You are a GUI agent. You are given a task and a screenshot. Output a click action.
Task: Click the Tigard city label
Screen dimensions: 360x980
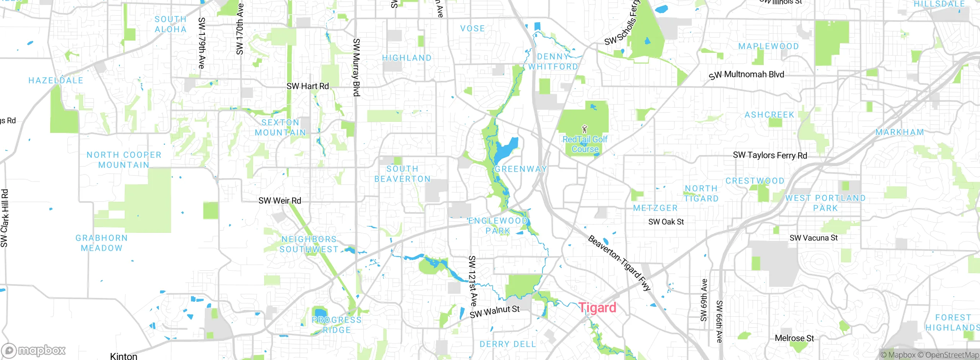point(597,308)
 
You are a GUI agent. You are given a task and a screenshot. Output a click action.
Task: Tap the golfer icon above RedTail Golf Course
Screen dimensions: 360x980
point(584,129)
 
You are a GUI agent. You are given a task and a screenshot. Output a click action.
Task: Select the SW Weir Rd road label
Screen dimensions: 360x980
point(279,201)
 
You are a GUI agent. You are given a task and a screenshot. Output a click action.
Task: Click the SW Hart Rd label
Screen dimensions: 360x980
point(307,86)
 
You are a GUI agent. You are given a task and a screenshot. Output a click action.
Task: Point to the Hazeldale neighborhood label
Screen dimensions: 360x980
point(56,80)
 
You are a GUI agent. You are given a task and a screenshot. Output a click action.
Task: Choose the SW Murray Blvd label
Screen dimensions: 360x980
point(356,67)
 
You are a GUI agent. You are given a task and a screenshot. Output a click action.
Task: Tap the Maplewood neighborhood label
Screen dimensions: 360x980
point(768,46)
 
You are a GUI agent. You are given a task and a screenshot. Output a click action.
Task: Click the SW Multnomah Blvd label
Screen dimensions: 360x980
point(746,75)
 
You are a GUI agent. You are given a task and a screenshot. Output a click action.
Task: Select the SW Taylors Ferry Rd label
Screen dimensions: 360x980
point(770,155)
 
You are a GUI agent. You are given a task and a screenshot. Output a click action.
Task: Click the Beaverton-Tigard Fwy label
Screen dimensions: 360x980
point(619,263)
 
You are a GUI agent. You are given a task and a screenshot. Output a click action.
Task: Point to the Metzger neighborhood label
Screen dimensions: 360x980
point(655,208)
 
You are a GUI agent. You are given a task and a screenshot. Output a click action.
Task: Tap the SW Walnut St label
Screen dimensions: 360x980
point(494,311)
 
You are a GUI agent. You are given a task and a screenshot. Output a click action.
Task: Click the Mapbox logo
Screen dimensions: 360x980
point(34,350)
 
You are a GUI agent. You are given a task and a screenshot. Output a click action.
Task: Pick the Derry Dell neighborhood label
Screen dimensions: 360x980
point(508,344)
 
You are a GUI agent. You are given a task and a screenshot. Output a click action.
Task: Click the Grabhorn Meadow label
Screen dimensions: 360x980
point(101,243)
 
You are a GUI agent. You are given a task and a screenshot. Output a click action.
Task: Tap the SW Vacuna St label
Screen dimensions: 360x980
point(813,238)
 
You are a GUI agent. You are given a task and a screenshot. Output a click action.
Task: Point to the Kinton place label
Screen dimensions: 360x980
point(123,356)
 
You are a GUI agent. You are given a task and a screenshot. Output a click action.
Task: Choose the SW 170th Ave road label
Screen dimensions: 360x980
point(240,29)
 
